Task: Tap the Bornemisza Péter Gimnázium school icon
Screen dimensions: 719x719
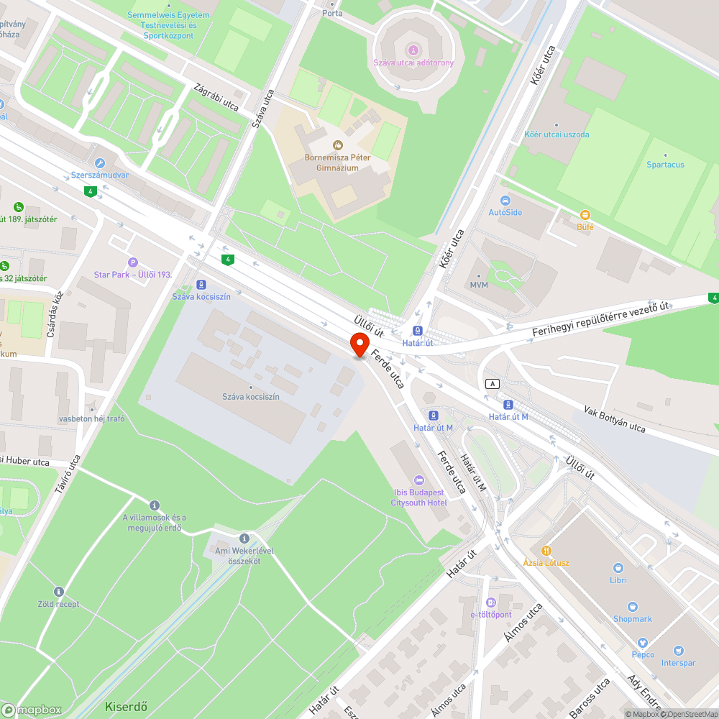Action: point(338,146)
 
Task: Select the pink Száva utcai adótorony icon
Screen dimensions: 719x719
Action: point(413,50)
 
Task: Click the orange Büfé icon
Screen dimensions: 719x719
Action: point(585,215)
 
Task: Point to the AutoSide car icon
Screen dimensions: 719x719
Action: point(505,200)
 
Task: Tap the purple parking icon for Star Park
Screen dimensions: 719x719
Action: point(132,262)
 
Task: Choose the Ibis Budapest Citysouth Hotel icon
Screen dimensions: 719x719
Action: point(418,480)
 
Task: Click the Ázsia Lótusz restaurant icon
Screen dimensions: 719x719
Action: point(546,550)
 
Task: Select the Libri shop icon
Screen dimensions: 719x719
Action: point(618,568)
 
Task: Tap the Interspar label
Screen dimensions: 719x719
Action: point(678,664)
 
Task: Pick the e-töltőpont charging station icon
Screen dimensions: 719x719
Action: point(491,603)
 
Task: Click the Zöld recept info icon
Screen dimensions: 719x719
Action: point(59,592)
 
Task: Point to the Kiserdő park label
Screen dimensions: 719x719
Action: point(126,706)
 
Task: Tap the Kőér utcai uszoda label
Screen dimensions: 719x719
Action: point(557,134)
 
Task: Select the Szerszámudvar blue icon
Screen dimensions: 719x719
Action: point(99,163)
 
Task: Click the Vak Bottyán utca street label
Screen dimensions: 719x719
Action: point(615,419)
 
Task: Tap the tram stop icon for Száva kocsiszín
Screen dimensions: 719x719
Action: point(201,284)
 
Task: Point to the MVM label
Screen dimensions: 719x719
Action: point(479,285)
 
